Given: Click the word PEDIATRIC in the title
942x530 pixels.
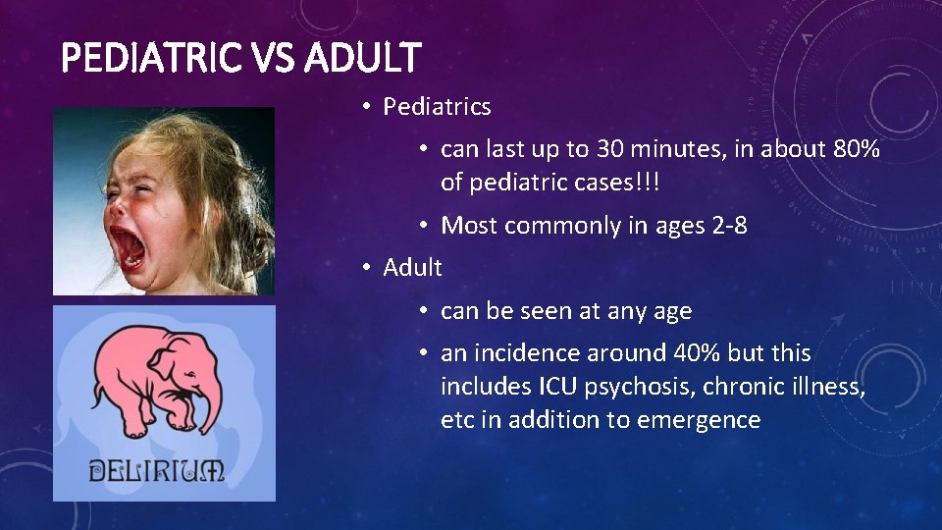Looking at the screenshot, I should click(x=150, y=58).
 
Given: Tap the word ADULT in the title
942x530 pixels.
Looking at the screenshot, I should click(x=363, y=58).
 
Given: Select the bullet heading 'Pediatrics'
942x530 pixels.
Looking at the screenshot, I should click(x=437, y=106).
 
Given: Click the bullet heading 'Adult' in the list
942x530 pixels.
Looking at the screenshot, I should click(x=412, y=267).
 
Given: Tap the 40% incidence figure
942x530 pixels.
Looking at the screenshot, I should click(x=696, y=353).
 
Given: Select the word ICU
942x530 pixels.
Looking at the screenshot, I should click(x=559, y=387).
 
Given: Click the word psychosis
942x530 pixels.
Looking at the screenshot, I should click(x=629, y=387).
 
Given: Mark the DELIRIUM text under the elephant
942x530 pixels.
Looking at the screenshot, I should click(x=157, y=470).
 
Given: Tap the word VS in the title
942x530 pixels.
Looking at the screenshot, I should click(x=272, y=58).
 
